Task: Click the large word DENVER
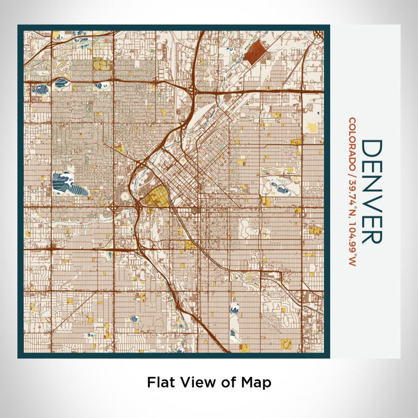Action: (x=371, y=192)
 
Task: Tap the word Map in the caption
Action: (x=257, y=382)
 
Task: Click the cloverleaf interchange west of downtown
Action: (x=113, y=207)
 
